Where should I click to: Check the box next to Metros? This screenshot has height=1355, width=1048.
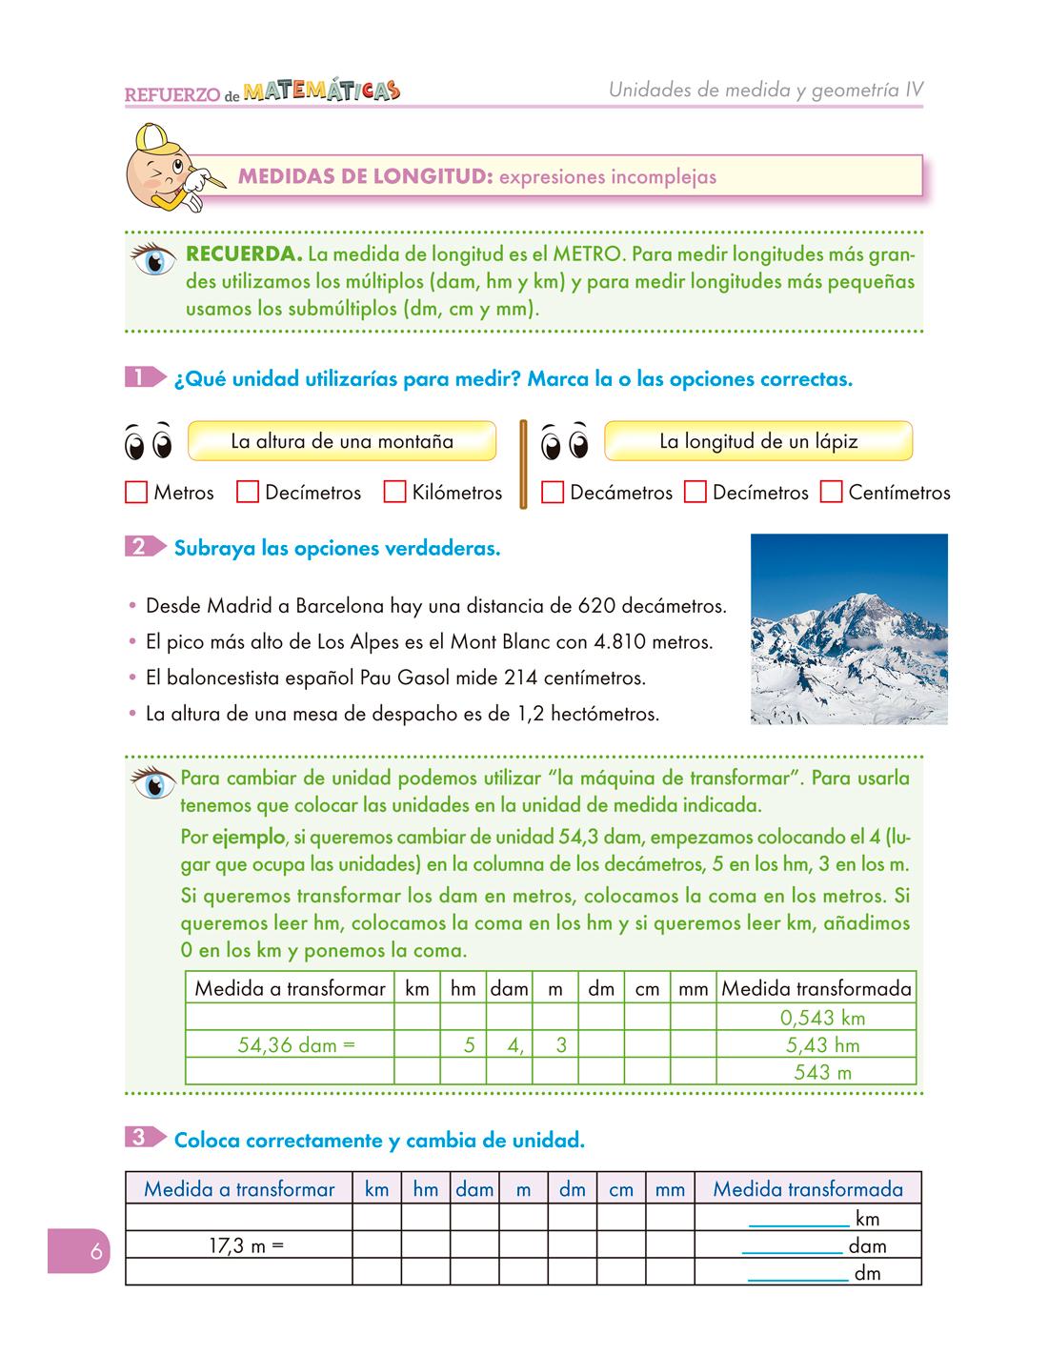pos(136,493)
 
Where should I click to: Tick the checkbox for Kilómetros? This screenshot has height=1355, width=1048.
pos(395,493)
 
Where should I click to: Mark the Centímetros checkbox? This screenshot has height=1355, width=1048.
pos(832,493)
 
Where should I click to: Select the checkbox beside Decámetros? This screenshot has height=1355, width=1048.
pos(553,493)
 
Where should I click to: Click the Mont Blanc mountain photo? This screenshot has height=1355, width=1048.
pos(849,629)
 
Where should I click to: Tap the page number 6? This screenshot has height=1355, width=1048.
pos(95,1251)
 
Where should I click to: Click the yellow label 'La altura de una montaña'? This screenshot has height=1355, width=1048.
pos(342,442)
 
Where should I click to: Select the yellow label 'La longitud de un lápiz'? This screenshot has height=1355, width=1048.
pos(758,442)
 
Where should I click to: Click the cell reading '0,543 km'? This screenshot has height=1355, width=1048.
pos(821,1018)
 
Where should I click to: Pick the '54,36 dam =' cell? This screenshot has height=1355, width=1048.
pos(295,1045)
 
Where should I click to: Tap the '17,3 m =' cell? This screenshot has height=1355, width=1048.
pos(246,1245)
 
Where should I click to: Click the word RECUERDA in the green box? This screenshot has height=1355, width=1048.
pos(244,255)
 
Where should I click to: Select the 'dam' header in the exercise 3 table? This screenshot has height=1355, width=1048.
pos(474,1189)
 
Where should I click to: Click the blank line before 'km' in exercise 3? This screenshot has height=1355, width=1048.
pos(798,1220)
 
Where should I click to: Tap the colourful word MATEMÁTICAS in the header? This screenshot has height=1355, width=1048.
pos(321,91)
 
